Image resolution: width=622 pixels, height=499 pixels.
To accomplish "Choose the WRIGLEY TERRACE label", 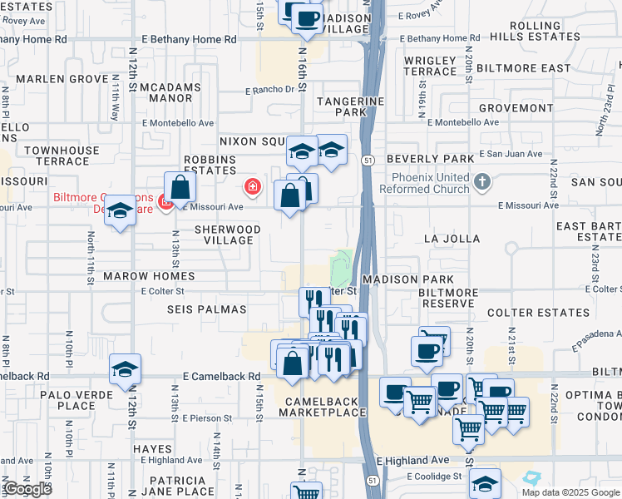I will (x=430, y=67).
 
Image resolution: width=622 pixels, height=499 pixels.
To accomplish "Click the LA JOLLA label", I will (x=452, y=239).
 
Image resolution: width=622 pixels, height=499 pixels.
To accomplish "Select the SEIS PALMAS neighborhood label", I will (x=207, y=309).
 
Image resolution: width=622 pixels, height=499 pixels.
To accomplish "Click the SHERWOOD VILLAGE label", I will (x=227, y=235).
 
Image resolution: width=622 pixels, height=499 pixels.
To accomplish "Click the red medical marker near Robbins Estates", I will (x=252, y=186).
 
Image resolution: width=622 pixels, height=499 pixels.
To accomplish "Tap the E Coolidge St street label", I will (x=435, y=477).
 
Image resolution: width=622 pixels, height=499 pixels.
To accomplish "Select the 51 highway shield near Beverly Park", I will (x=369, y=158).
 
